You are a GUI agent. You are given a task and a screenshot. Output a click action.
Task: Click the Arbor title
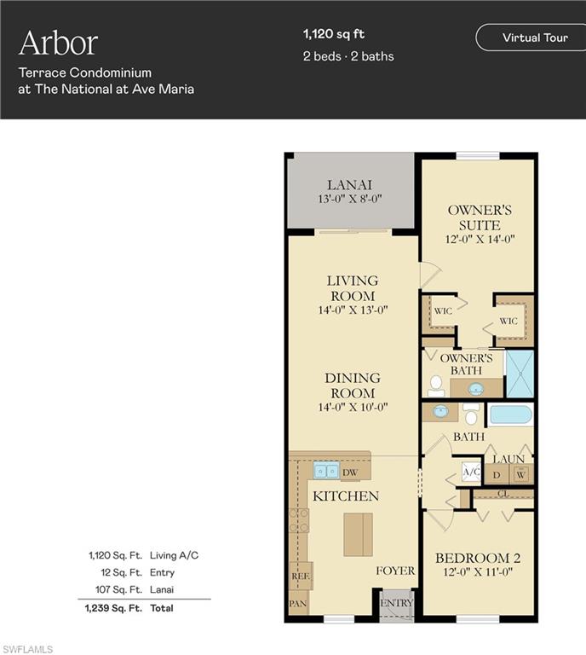(x=58, y=43)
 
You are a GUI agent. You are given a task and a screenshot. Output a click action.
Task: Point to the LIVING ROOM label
(x=353, y=287)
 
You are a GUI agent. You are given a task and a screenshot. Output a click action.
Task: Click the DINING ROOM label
(x=353, y=385)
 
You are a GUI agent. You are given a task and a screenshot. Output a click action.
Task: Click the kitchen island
(x=357, y=534)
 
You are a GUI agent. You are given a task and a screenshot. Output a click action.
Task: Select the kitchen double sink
(x=325, y=471)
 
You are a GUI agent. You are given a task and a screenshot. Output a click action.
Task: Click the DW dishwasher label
(x=349, y=472)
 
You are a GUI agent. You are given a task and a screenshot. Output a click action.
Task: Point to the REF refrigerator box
(x=300, y=577)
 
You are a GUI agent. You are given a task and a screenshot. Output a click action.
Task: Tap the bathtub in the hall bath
(x=510, y=415)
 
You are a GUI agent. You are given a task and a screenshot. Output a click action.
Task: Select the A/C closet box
(x=471, y=472)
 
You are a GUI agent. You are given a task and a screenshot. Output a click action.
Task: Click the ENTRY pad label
(x=394, y=602)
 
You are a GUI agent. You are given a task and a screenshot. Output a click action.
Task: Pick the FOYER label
(x=396, y=571)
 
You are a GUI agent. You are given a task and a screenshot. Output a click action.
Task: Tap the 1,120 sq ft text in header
(x=333, y=34)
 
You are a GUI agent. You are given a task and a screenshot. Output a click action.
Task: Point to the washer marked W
(x=520, y=474)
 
